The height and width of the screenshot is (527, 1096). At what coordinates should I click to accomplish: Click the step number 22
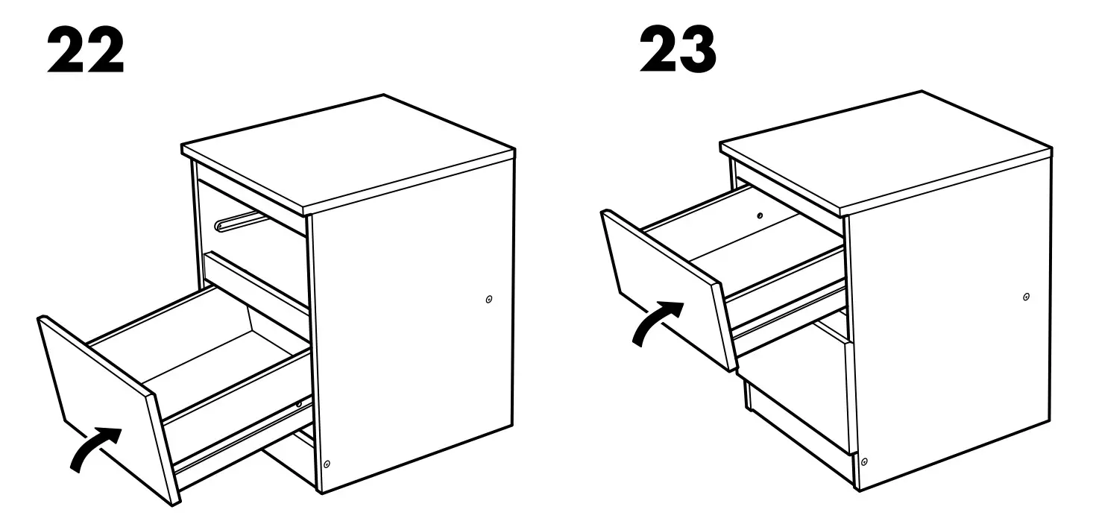tap(85, 52)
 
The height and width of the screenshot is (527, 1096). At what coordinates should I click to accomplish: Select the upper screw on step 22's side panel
tap(488, 300)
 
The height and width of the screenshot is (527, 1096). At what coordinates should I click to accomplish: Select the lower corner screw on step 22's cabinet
tap(327, 464)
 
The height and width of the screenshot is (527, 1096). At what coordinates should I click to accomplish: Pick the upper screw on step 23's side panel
tap(1027, 297)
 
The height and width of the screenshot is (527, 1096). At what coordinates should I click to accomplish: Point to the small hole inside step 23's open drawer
tap(759, 216)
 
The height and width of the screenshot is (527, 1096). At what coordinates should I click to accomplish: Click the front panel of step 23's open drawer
tap(664, 287)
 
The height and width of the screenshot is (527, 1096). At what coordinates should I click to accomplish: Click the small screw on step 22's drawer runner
tap(299, 404)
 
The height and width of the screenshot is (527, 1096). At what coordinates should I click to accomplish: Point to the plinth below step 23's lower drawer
tap(798, 429)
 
